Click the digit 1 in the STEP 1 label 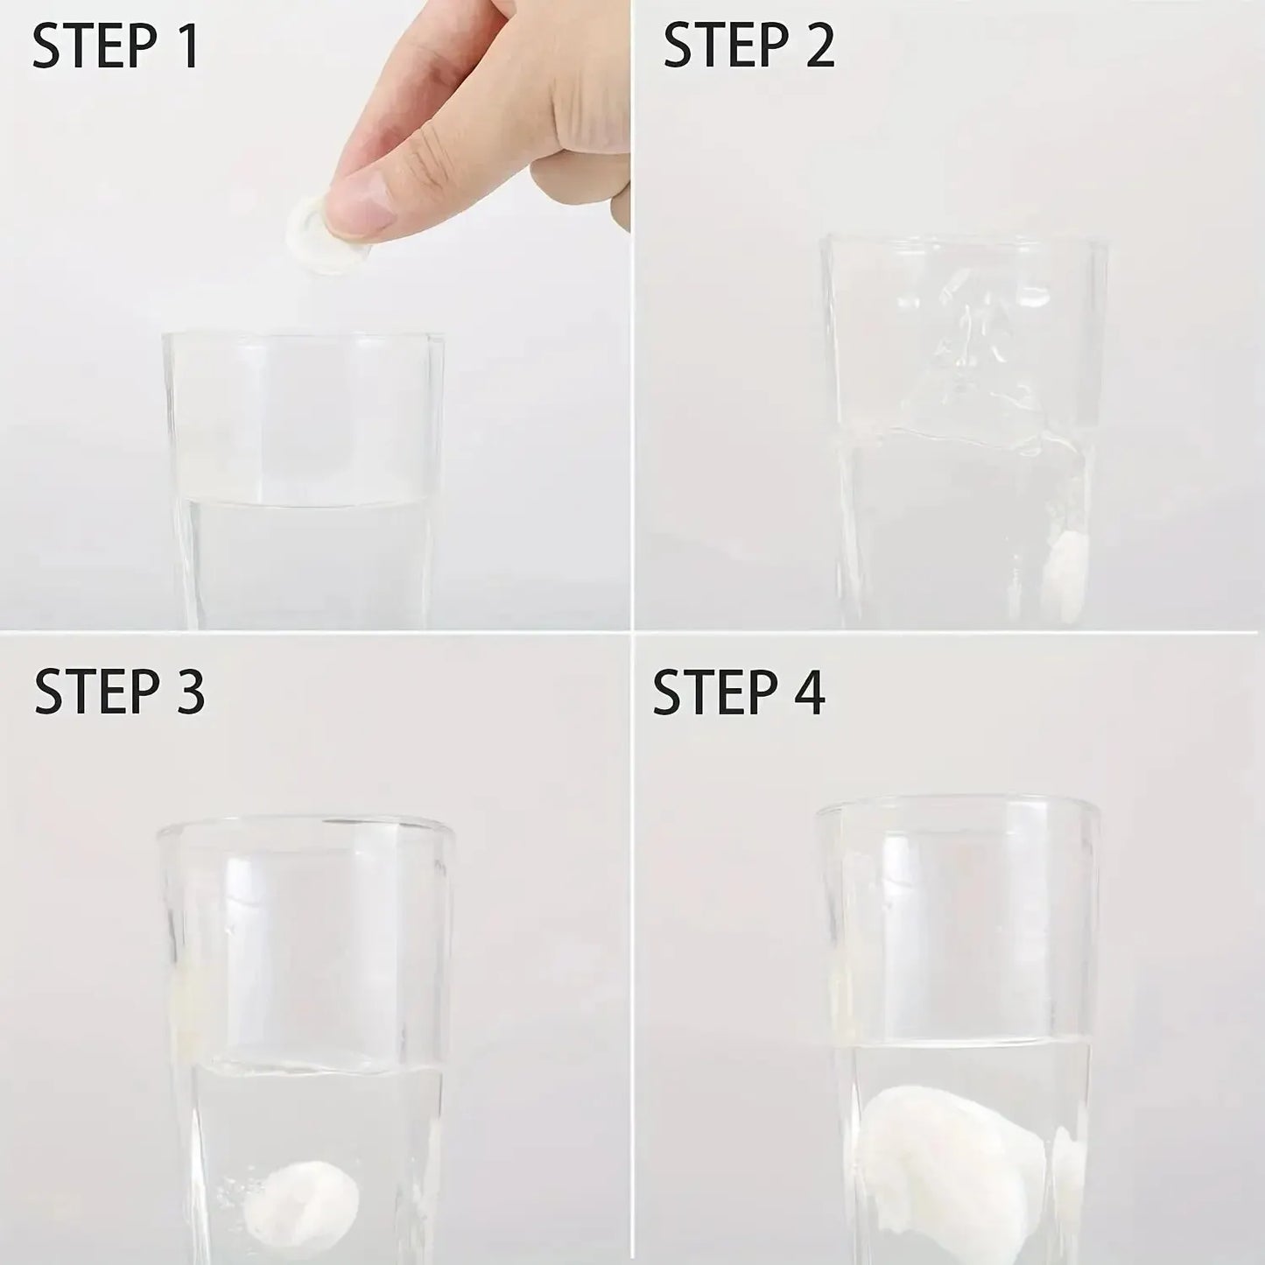[189, 46]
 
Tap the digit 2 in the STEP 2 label [819, 45]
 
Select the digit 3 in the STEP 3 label [188, 692]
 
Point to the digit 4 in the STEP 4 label [807, 692]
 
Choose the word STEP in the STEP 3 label [97, 692]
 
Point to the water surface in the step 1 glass [303, 502]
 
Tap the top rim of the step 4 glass [957, 810]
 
